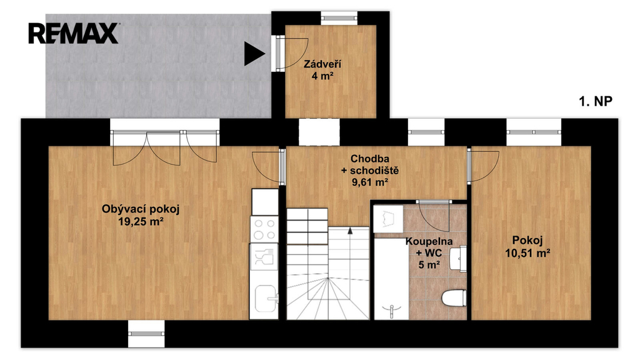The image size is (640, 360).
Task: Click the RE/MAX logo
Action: pos(74,34)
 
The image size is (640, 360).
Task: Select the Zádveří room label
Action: pos(322,64)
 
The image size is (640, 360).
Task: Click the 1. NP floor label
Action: pos(596,101)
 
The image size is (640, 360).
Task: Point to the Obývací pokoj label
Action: pos(141,209)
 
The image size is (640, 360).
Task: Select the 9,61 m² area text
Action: pos(370,182)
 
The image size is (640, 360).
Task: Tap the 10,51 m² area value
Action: pos(527,253)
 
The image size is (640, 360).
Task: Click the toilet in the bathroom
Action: pos(454,297)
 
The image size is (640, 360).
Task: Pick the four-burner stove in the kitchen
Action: pos(264,229)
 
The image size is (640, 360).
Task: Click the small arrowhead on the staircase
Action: pos(350,231)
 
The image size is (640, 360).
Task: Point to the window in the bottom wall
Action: pos(146,334)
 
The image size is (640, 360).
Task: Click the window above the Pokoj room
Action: pos(534,132)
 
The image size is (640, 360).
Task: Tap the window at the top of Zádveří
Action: pos(339,17)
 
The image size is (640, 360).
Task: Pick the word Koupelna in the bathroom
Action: pos(429,242)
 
